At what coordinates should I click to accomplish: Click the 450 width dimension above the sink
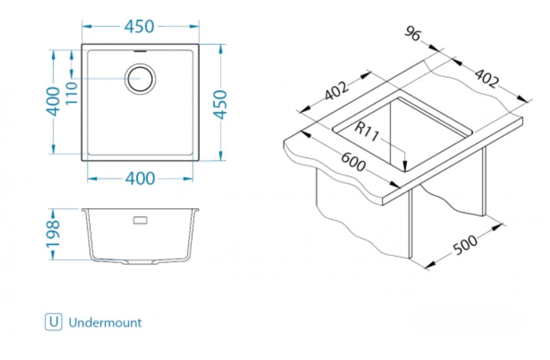(140, 27)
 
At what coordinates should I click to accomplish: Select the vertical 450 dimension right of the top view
(220, 104)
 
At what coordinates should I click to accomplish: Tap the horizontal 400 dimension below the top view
(139, 178)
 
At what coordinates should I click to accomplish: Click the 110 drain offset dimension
(71, 93)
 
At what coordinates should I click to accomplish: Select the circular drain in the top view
(140, 79)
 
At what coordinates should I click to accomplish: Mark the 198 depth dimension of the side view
(53, 234)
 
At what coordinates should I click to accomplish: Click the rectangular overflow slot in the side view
(140, 220)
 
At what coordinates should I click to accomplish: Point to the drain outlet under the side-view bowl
(139, 263)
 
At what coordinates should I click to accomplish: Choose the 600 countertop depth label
(353, 162)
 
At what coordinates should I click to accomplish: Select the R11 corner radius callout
(366, 132)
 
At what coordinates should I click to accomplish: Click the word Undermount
(105, 322)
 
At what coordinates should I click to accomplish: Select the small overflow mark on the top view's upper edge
(140, 51)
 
